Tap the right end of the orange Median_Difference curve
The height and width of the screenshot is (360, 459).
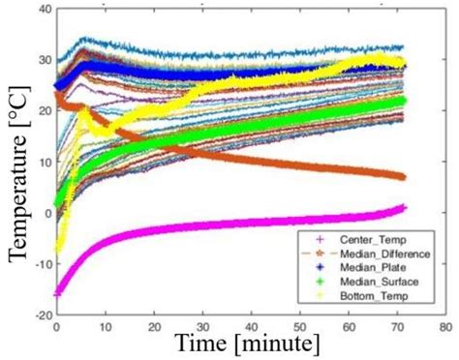click(x=404, y=176)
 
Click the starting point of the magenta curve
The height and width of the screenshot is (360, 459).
click(x=57, y=291)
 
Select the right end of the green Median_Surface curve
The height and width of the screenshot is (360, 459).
click(x=405, y=101)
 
